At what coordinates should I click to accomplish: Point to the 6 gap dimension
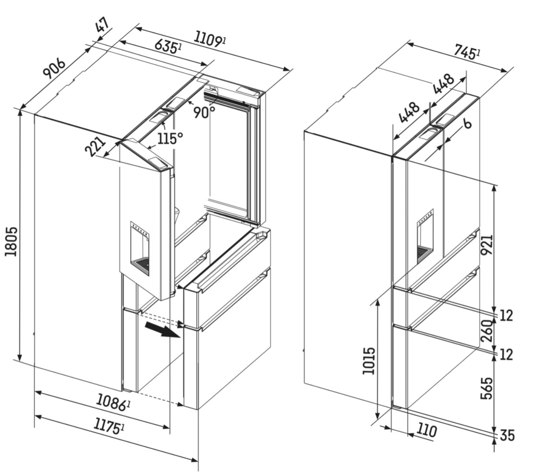coord(467,123)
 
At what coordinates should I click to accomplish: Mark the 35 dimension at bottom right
coord(507,436)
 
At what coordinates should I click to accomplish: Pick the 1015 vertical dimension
coord(368,360)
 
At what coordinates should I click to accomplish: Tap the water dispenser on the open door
coord(140,248)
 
